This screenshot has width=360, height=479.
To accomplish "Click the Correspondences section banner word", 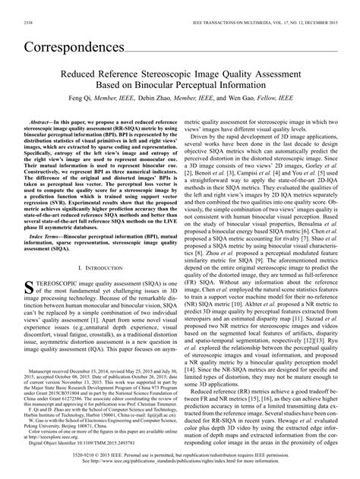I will click(73, 46).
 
